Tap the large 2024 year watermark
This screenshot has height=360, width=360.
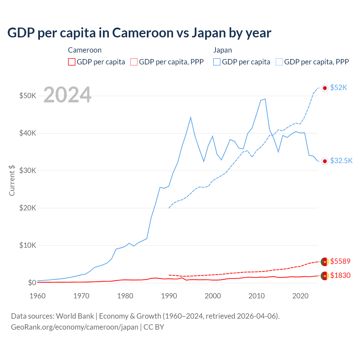67,95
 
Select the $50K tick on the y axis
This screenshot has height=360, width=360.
28,96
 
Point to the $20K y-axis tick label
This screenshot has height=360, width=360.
28,208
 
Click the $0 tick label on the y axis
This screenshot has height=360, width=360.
32,283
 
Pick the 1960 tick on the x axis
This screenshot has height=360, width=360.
37,296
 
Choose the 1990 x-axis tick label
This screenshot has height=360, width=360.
169,296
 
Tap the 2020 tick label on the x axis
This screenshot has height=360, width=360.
300,296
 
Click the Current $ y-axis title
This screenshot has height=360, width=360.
12,180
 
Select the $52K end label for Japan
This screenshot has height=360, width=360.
339,88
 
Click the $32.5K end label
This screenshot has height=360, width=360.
341,161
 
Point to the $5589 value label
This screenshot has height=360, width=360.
340,261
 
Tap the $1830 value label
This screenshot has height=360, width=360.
340,275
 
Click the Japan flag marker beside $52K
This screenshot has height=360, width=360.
325,88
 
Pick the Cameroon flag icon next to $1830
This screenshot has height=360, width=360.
325,276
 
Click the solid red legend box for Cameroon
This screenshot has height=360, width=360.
72,62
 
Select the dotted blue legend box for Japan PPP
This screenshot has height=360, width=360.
279,62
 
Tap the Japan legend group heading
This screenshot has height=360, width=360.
222,50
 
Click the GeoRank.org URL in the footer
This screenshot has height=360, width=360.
75,327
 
